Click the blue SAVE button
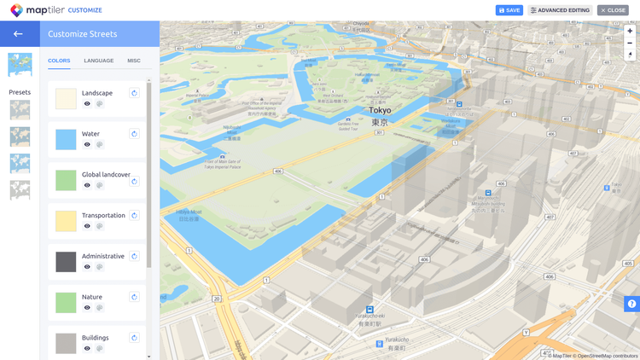click(x=509, y=10)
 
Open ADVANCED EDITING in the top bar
click(x=560, y=10)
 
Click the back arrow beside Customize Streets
click(x=18, y=34)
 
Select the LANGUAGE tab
click(x=99, y=61)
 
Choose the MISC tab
click(x=134, y=61)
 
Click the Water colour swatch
click(x=66, y=139)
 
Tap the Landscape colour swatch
click(x=66, y=98)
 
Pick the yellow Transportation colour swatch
click(x=66, y=221)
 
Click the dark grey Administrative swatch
click(x=66, y=262)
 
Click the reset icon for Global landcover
click(x=134, y=181)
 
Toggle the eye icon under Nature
click(x=87, y=308)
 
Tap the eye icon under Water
click(x=87, y=144)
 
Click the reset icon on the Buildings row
click(x=134, y=338)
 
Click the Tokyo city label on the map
click(x=380, y=111)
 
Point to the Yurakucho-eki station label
click(x=369, y=316)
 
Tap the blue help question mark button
click(x=631, y=304)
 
